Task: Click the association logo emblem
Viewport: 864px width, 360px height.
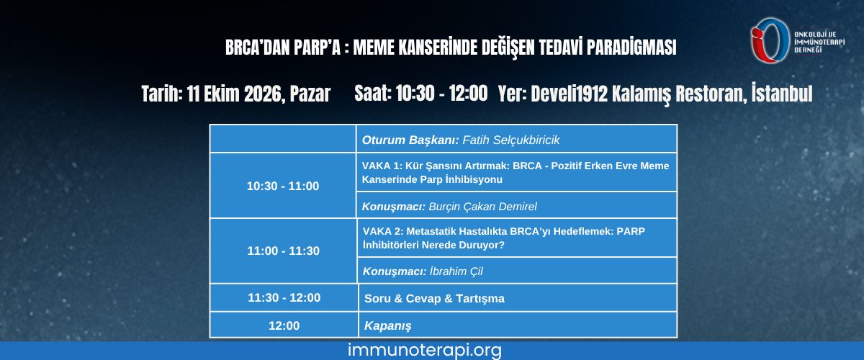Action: [770, 40]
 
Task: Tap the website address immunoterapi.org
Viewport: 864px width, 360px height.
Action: [425, 351]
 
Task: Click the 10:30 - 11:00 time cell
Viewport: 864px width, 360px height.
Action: [283, 186]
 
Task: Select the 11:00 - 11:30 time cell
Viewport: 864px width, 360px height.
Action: [283, 251]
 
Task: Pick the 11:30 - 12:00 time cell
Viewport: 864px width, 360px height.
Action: [284, 297]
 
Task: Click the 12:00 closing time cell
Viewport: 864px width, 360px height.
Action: [284, 325]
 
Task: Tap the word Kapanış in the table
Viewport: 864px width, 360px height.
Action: [387, 326]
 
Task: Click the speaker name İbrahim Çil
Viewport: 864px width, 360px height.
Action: [456, 271]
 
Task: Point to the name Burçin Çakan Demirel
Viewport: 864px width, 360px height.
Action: [482, 207]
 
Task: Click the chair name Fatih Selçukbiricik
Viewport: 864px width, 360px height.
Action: [510, 140]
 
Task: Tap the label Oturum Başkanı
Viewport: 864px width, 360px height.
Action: [410, 140]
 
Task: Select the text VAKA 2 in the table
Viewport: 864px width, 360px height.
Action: [382, 231]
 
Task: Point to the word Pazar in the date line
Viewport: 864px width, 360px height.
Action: [310, 94]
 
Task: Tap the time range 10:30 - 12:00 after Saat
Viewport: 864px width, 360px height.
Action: [441, 94]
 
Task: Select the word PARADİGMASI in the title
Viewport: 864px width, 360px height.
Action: [631, 47]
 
